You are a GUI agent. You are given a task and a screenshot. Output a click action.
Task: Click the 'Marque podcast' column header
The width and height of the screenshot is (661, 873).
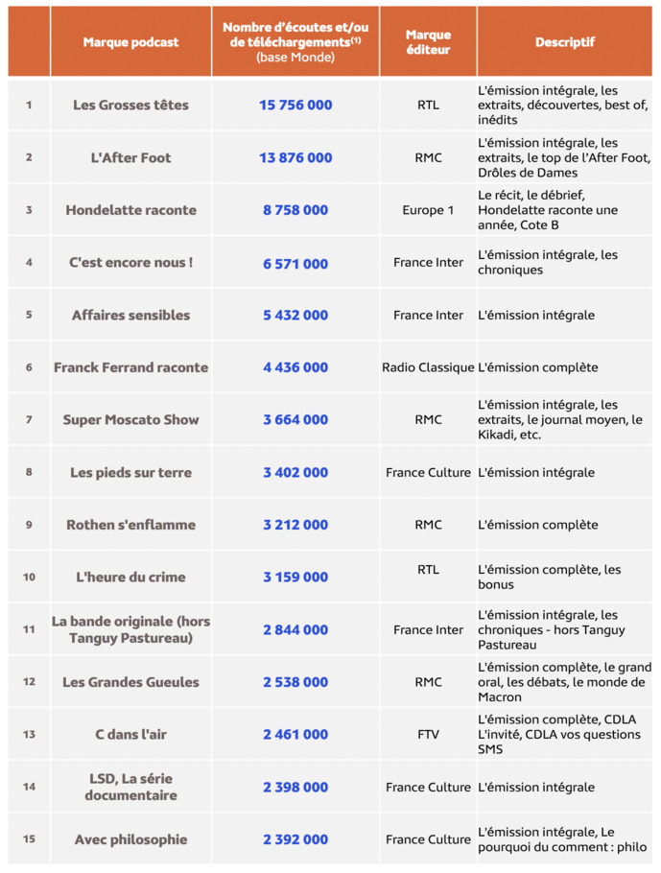(x=130, y=42)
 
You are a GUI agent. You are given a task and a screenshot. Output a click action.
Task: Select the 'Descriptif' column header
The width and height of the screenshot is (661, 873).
(x=564, y=42)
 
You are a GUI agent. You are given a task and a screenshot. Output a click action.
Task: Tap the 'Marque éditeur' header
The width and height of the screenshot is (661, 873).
(x=428, y=42)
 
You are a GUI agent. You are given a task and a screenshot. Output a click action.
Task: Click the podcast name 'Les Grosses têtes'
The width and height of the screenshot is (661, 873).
(x=130, y=105)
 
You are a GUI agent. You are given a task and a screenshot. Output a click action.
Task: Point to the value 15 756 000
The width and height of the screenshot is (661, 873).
(x=295, y=105)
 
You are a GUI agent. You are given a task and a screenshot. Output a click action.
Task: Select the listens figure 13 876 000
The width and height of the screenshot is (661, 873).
(x=295, y=157)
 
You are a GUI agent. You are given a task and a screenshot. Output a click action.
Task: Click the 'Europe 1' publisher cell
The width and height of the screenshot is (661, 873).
(x=428, y=210)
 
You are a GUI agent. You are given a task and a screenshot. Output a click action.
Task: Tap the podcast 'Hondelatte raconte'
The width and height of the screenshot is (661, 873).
(x=130, y=210)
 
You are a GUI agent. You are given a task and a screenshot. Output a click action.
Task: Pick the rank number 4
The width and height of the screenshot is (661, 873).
(x=29, y=263)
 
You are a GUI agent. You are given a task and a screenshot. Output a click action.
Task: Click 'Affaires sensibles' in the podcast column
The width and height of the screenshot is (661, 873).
(x=130, y=315)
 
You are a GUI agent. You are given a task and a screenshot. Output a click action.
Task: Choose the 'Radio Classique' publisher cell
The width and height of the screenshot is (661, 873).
(x=428, y=367)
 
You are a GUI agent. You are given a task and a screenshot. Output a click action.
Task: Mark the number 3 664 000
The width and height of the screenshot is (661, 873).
(x=295, y=420)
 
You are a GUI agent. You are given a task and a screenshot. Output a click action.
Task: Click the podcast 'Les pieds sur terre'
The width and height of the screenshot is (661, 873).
(x=130, y=472)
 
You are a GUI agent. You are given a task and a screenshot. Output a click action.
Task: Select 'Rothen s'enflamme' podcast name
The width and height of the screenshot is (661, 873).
(x=130, y=525)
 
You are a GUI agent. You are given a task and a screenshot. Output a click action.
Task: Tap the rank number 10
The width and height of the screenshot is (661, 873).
(x=29, y=578)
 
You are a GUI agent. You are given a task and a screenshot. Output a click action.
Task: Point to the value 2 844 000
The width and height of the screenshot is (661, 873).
(x=295, y=630)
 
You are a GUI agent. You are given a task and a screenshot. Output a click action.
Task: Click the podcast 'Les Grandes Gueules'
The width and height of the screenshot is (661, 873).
(x=130, y=682)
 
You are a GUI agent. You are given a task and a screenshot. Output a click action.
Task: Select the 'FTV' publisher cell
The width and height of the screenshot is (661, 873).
(x=428, y=735)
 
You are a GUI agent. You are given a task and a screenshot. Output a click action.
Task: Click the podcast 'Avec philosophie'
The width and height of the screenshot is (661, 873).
(x=130, y=839)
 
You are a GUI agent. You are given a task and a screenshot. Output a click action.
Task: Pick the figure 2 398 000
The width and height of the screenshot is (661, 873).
(x=295, y=788)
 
